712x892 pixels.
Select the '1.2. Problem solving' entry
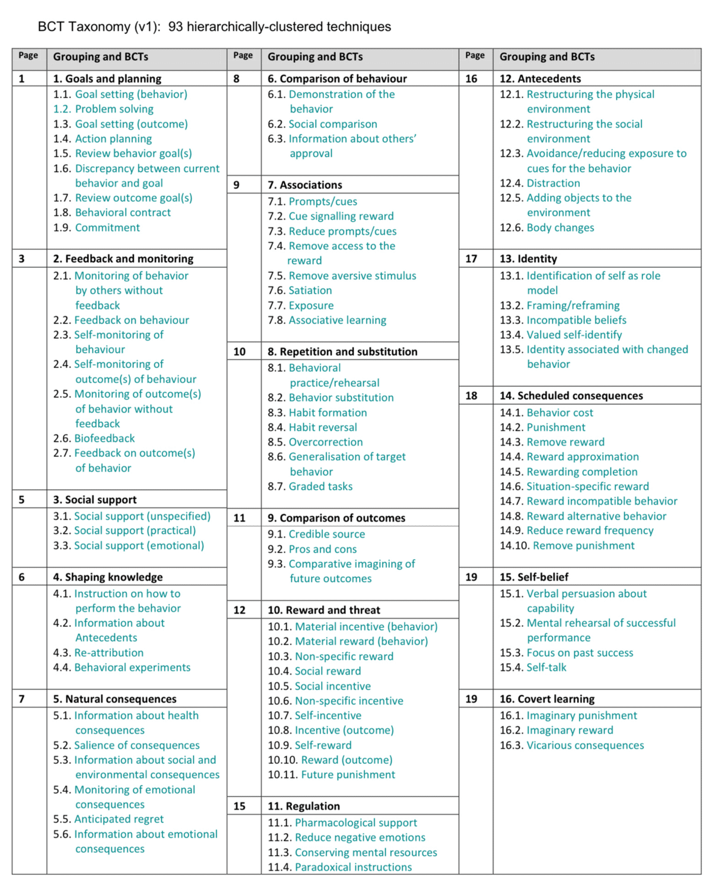[x=103, y=109]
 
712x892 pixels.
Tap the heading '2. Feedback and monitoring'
[x=123, y=259]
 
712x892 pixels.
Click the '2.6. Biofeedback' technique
[x=94, y=439]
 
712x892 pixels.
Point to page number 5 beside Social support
[x=22, y=500]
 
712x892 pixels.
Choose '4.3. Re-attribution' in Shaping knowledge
[x=98, y=653]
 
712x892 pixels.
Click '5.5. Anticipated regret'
[x=109, y=819]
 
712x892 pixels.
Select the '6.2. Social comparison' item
[x=322, y=124]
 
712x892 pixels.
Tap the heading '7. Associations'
[x=305, y=185]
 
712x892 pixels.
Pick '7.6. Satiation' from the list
[x=300, y=290]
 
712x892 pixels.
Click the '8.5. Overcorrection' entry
[x=315, y=442]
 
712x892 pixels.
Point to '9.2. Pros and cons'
[x=312, y=550]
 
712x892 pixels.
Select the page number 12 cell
[x=240, y=610]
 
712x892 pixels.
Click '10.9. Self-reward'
[x=310, y=745]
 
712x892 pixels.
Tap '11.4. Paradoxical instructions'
[x=339, y=867]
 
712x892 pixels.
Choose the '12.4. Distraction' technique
[x=540, y=183]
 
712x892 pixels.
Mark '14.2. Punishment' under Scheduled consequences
[x=542, y=427]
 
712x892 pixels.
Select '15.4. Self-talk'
[x=533, y=668]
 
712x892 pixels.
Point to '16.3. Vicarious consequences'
[x=571, y=745]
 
